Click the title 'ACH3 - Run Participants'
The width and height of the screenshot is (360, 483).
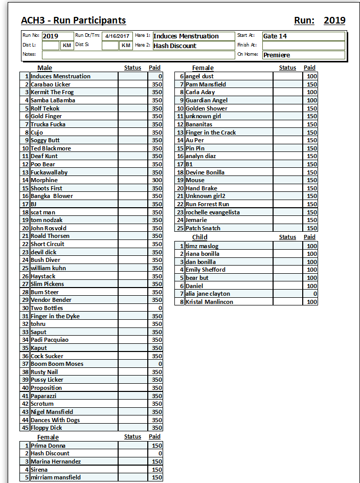[73, 20]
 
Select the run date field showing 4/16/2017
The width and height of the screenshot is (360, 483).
[117, 36]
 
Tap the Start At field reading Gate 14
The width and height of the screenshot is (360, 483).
[304, 36]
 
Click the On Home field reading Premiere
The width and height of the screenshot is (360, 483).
[304, 55]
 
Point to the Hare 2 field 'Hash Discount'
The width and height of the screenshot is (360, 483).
[193, 46]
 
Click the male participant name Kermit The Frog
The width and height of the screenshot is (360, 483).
[52, 92]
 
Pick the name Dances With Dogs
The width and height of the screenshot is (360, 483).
[55, 420]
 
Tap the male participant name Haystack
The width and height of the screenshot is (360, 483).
[43, 276]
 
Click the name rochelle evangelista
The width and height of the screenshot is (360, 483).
[212, 212]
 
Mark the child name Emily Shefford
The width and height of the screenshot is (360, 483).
[205, 270]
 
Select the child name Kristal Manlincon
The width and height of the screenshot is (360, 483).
[209, 302]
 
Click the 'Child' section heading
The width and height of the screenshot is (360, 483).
[199, 237]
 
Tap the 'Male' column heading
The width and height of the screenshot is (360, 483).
[44, 68]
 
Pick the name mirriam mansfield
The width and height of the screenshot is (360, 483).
[56, 477]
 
